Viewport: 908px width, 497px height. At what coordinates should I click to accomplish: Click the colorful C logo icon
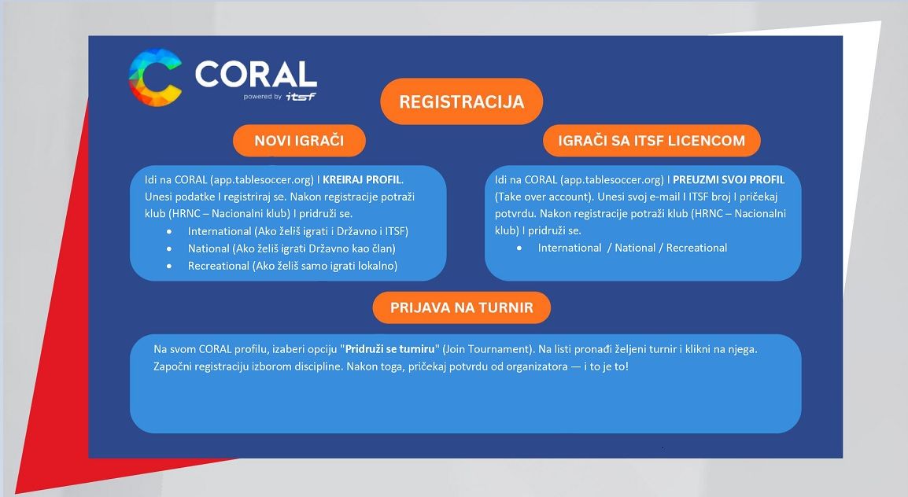pos(155,77)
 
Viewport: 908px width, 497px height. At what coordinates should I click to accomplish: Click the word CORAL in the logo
pos(256,75)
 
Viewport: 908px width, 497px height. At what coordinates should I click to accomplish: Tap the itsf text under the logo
pos(301,97)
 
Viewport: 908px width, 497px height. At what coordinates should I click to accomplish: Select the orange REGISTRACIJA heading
pos(461,101)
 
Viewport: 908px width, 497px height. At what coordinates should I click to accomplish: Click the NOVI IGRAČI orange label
pos(299,141)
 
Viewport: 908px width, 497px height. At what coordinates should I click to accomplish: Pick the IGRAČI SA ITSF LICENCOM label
pos(651,141)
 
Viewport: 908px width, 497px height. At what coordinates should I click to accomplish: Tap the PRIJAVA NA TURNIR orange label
pos(461,307)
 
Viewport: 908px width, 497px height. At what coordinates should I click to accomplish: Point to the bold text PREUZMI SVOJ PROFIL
pos(728,180)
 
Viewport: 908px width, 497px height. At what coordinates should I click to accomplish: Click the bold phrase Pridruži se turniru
pos(391,348)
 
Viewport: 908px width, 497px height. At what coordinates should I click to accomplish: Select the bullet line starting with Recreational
pos(292,267)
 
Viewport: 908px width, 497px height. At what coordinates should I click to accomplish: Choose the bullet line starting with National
pos(291,248)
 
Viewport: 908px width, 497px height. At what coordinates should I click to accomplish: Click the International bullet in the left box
pos(297,231)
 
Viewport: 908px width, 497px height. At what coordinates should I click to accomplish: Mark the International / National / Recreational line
pos(632,248)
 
